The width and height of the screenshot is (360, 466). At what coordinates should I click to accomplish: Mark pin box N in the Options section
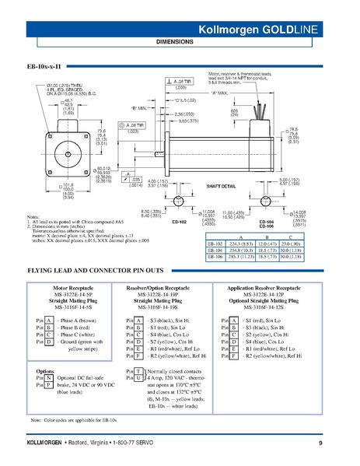[x=48, y=377]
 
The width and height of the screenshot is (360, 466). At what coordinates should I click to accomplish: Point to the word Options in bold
[x=45, y=370]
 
